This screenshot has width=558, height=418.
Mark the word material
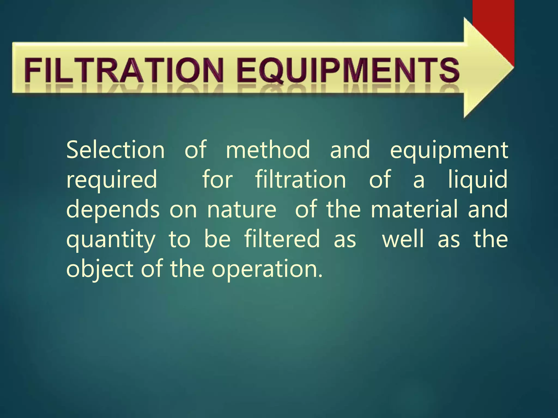tap(414, 209)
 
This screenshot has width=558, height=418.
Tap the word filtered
tap(282, 239)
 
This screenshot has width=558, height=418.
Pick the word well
tap(403, 239)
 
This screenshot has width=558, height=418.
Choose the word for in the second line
tap(217, 180)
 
